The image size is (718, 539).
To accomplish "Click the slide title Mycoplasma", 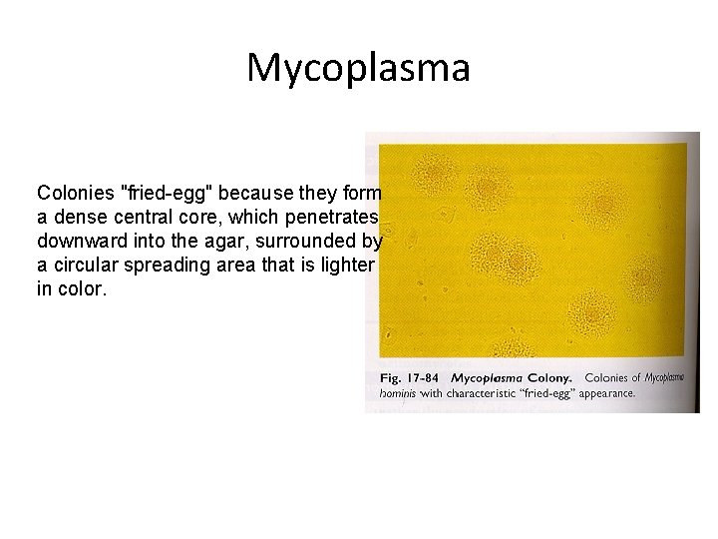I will pos(358,67).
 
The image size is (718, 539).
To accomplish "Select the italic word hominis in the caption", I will pos(397,394).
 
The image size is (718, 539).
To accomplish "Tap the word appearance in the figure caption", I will pos(602,394).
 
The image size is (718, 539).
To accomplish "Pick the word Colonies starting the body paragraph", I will pos(76,191).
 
